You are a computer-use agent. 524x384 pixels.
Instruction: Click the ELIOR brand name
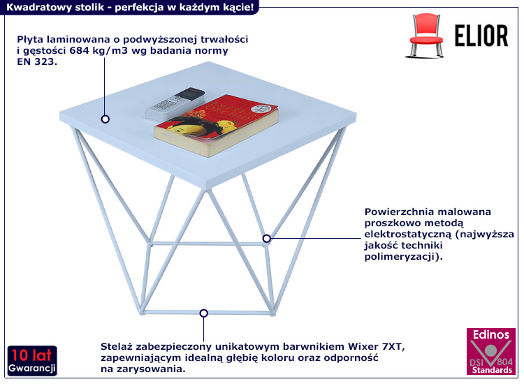coord(481,34)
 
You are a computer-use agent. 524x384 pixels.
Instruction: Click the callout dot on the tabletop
coord(105,119)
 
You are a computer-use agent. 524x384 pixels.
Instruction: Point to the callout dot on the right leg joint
coord(266,238)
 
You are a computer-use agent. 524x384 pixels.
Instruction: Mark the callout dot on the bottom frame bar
coord(203,313)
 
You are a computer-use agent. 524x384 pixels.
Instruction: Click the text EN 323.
coord(36,61)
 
